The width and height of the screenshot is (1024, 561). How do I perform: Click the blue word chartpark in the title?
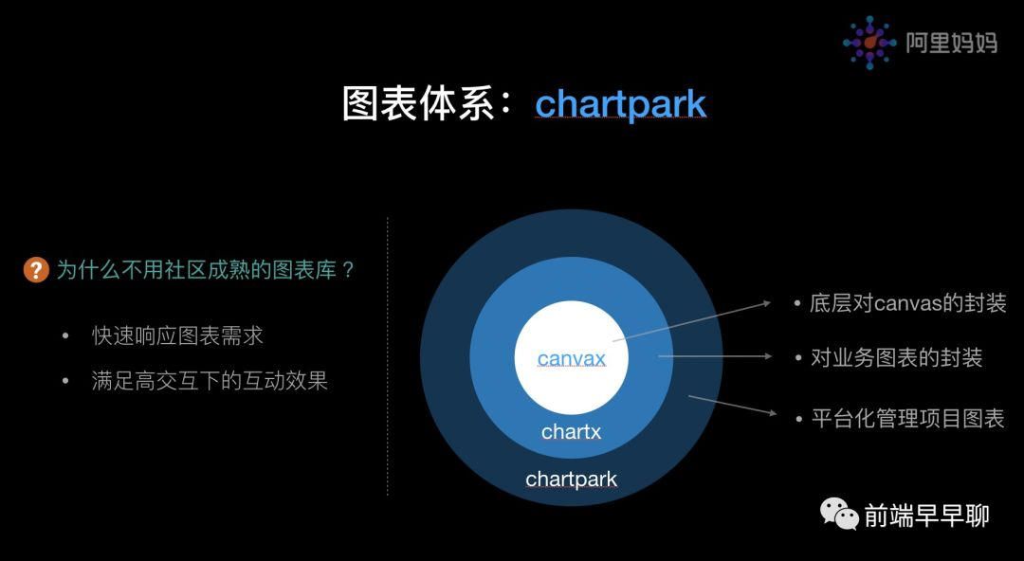click(x=620, y=104)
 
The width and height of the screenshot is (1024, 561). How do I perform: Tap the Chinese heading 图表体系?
click(x=419, y=104)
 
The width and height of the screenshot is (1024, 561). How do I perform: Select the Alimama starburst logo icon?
click(x=869, y=43)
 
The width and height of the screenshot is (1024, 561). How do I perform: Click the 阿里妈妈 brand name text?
click(x=952, y=43)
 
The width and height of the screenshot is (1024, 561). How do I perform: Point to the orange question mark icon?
click(x=37, y=270)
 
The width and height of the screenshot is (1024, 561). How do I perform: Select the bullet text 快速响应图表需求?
click(x=177, y=335)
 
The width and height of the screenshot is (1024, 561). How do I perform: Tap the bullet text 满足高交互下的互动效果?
click(x=210, y=381)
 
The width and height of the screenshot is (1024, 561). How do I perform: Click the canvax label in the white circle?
click(x=572, y=358)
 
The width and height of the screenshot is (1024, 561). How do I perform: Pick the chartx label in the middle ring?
click(x=572, y=432)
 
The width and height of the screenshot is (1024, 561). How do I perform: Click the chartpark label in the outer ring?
click(x=572, y=480)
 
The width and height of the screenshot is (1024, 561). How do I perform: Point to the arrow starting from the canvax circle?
click(x=691, y=321)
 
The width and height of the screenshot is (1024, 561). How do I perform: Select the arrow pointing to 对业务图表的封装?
click(x=715, y=356)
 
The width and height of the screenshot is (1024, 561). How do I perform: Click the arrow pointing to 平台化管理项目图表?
click(x=733, y=405)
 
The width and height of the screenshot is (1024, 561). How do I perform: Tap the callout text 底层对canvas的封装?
click(x=907, y=303)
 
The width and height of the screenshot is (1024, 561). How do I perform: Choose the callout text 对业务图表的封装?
click(x=897, y=357)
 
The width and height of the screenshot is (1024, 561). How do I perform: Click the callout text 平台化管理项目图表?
click(x=907, y=418)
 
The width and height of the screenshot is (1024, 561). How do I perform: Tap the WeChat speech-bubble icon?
click(x=839, y=514)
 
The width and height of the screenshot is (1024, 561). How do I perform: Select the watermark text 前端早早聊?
click(x=926, y=516)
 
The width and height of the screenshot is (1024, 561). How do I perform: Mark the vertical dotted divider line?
click(x=388, y=356)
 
